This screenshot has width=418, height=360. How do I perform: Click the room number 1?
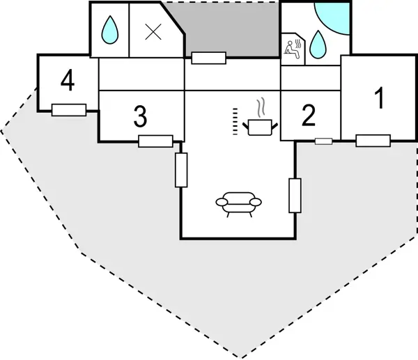(x=379, y=97)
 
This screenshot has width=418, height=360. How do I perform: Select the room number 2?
(x=309, y=116)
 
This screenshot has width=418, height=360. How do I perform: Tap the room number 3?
(x=140, y=116)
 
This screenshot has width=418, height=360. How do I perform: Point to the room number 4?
(x=68, y=80)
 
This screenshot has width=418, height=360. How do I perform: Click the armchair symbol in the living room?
(x=238, y=205)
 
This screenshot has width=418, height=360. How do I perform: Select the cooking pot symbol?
(x=260, y=127)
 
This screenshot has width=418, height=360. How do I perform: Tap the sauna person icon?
(x=293, y=48)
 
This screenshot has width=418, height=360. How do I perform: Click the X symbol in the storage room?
(x=153, y=32)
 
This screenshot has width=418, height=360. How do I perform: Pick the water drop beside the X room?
(x=110, y=29)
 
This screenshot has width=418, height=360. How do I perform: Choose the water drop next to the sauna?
(x=318, y=45)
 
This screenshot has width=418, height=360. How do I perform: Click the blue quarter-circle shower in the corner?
(x=332, y=19)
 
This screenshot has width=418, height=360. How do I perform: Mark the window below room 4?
(x=69, y=110)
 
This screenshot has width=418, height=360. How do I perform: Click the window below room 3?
(x=155, y=141)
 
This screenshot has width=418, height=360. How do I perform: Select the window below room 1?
(x=373, y=141)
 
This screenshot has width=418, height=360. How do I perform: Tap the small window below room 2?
(x=324, y=141)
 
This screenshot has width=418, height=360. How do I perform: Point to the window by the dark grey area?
(x=209, y=58)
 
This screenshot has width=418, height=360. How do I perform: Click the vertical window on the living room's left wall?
(x=181, y=170)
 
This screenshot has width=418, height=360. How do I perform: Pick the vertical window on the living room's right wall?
(x=295, y=196)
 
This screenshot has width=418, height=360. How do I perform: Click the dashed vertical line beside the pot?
(x=235, y=121)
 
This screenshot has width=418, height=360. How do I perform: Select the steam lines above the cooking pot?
(x=261, y=108)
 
